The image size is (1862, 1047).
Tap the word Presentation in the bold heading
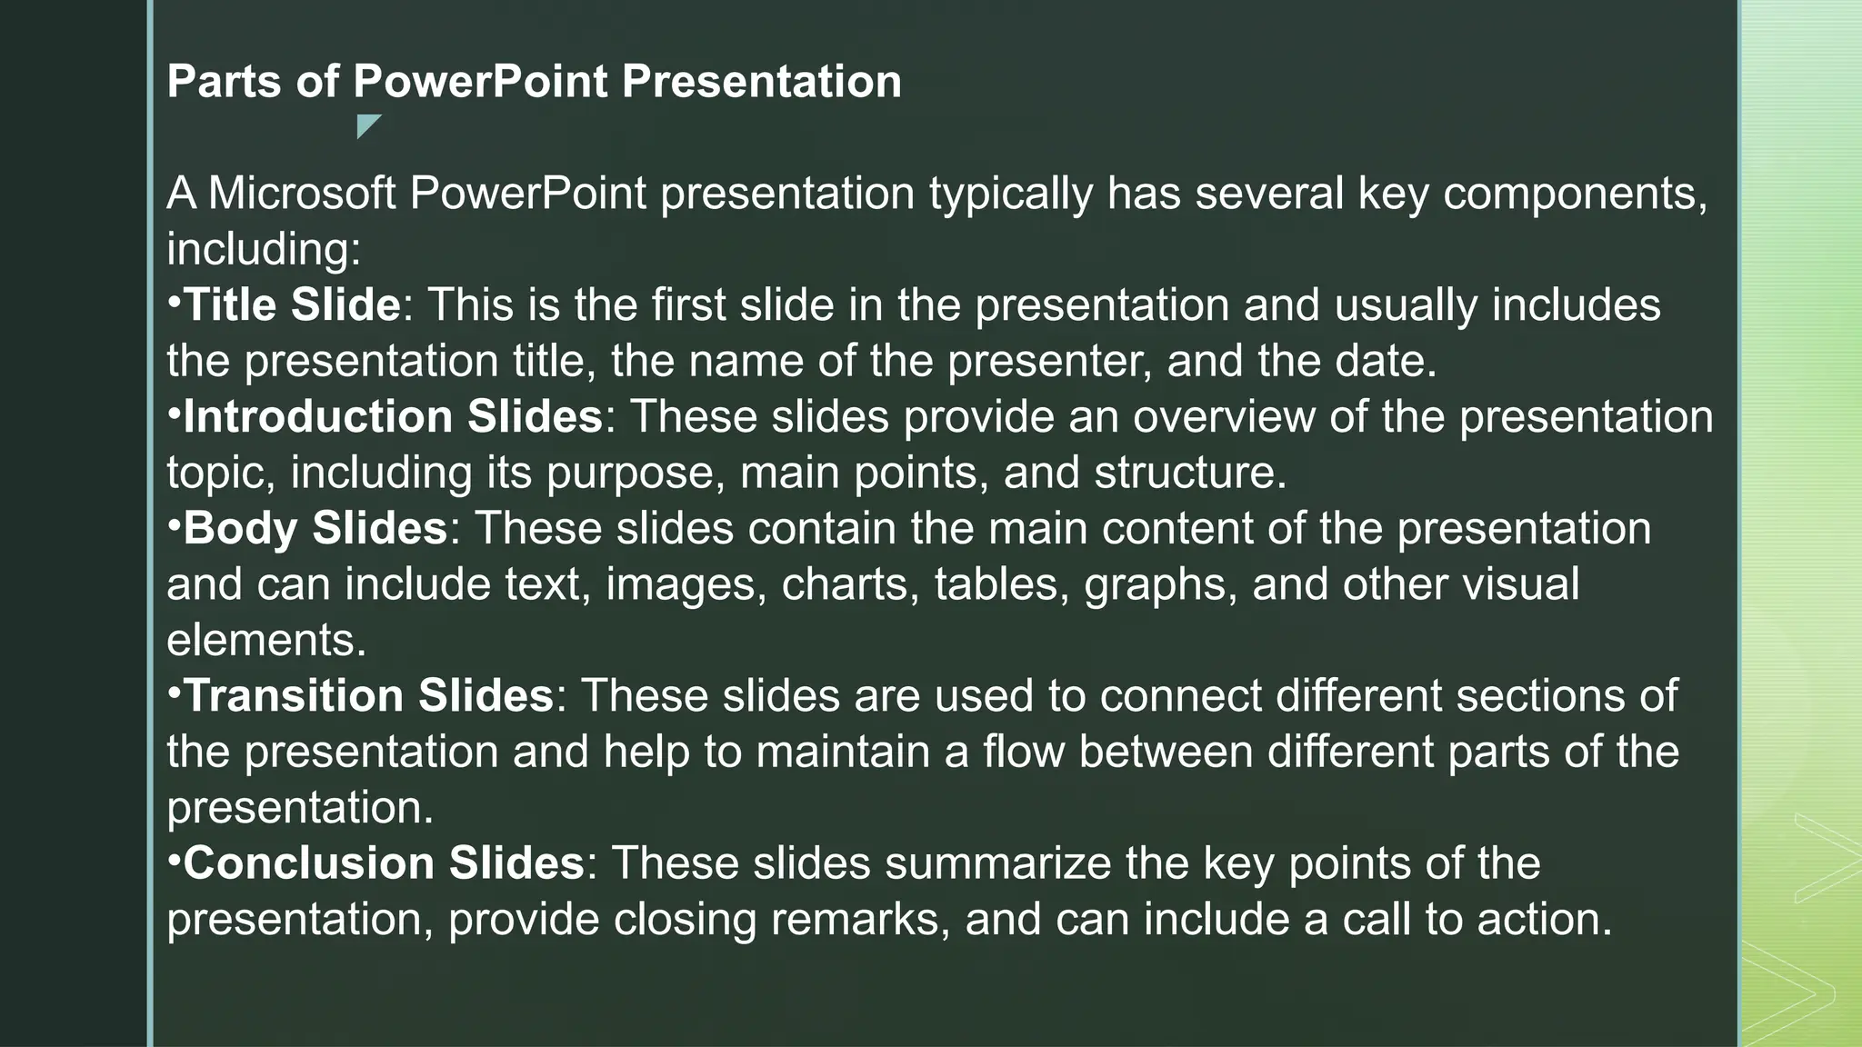[762, 82]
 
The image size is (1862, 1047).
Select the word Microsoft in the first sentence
[302, 194]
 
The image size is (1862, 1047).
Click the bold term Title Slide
[292, 304]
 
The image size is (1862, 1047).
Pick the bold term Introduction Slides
[393, 417]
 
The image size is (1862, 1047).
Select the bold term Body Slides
[315, 528]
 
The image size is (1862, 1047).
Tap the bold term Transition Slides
[368, 696]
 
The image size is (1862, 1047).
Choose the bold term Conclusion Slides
[383, 863]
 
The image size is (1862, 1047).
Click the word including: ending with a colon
[264, 250]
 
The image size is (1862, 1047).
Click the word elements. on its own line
[266, 641]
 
